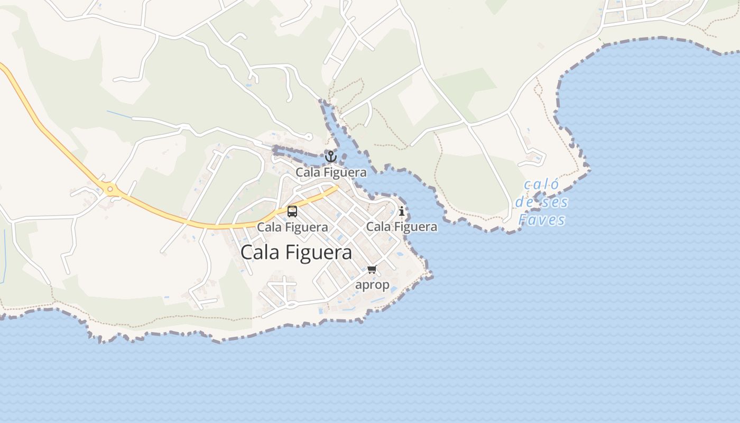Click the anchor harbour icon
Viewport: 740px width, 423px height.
pyautogui.click(x=331, y=157)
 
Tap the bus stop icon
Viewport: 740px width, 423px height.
pyautogui.click(x=292, y=212)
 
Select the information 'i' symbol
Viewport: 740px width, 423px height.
pyautogui.click(x=402, y=211)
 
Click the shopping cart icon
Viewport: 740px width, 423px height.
pyautogui.click(x=372, y=270)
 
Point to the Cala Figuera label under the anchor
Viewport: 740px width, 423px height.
pyautogui.click(x=331, y=172)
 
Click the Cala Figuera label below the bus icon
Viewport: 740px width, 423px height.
pyautogui.click(x=292, y=227)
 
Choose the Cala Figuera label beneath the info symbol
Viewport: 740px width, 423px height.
pyautogui.click(x=402, y=227)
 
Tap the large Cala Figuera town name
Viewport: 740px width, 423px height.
pyautogui.click(x=296, y=252)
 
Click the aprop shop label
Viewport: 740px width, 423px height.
pyautogui.click(x=372, y=284)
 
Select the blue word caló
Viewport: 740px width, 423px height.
pyautogui.click(x=541, y=185)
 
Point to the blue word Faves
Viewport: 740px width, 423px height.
pyautogui.click(x=542, y=220)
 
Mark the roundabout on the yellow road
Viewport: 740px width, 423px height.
pyautogui.click(x=110, y=189)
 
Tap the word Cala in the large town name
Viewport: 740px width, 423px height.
pyautogui.click(x=260, y=252)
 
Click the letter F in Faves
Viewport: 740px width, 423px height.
pyautogui.click(x=524, y=220)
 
